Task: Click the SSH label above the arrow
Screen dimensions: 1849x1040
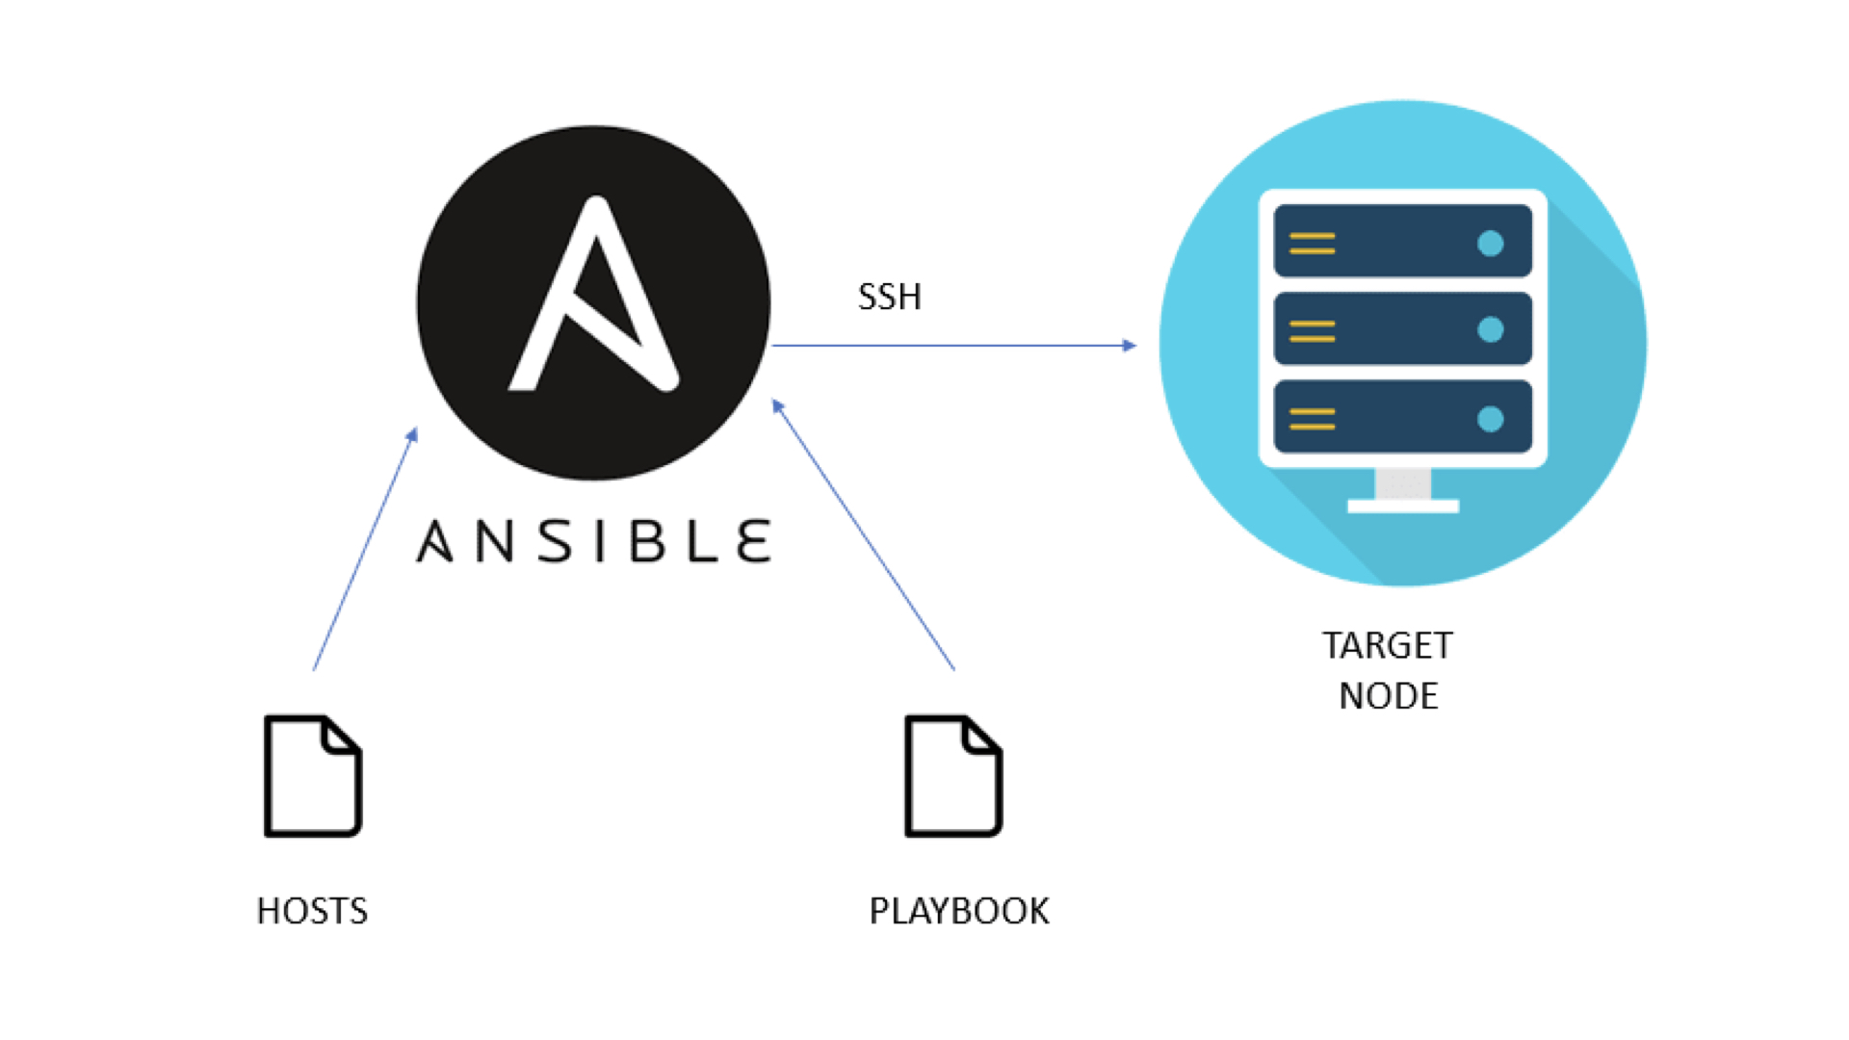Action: coord(889,297)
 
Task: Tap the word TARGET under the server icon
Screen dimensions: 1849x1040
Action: coord(1388,645)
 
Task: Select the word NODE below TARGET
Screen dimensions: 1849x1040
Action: coord(1389,695)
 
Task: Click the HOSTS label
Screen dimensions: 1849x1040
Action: coord(312,911)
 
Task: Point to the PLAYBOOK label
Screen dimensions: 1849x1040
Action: coord(959,911)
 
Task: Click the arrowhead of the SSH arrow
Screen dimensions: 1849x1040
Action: coord(1130,345)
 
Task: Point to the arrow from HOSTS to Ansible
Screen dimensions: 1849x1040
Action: coord(365,549)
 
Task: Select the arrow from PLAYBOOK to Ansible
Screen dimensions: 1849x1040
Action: coord(864,534)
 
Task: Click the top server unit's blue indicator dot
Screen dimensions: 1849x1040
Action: coord(1491,244)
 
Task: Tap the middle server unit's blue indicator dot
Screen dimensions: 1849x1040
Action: coord(1491,330)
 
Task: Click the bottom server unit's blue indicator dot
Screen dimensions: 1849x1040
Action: coord(1491,419)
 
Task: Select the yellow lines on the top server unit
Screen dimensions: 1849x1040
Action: coord(1313,244)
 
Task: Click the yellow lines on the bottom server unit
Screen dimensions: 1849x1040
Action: coord(1313,419)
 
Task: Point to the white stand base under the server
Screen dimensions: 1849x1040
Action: coord(1403,507)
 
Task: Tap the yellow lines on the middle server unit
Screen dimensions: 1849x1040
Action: coord(1313,331)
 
